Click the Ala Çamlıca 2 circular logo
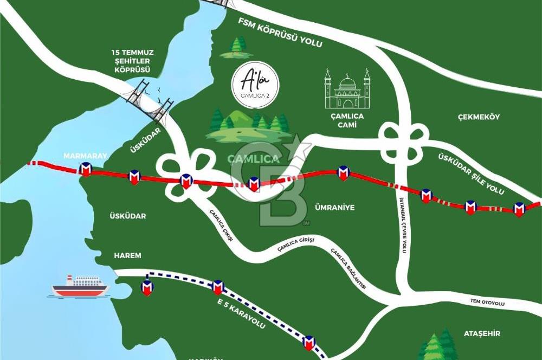tap(255, 85)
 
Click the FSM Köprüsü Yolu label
tap(280, 33)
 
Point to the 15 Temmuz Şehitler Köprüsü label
tap(132, 61)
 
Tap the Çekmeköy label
tap(478, 117)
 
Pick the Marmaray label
tap(79, 156)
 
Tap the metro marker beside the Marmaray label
tap(85, 170)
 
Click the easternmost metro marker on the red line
tap(519, 209)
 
